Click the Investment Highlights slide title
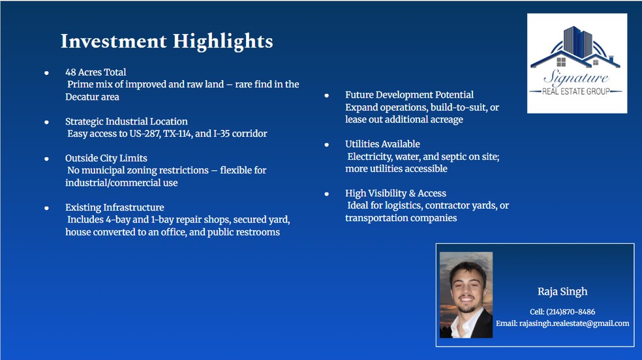tap(166, 41)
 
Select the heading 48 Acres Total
tap(95, 72)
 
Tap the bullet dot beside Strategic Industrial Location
tap(47, 122)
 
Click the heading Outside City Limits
tap(106, 158)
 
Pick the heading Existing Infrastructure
tap(115, 207)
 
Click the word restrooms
tap(260, 232)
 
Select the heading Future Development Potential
tap(409, 95)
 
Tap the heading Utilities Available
tap(382, 144)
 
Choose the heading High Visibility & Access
tap(395, 193)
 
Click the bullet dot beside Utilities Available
tap(327, 144)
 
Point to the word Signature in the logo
tap(577, 78)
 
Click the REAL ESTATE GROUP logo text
tap(576, 92)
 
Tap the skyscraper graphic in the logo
tap(577, 41)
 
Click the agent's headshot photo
tap(466, 295)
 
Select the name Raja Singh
tap(562, 292)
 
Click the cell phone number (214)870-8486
tap(570, 312)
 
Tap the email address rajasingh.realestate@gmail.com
tap(574, 323)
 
